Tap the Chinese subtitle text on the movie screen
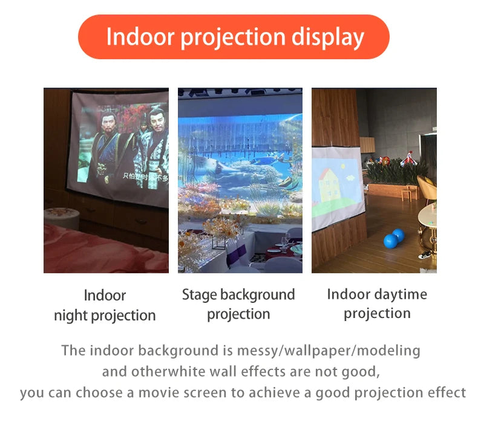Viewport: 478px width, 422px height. tap(145, 176)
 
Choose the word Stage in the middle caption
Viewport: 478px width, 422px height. tap(199, 295)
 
